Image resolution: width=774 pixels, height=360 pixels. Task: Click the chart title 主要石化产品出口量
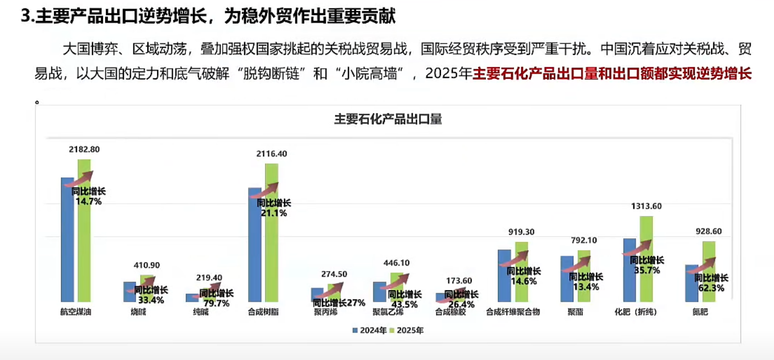pos(388,119)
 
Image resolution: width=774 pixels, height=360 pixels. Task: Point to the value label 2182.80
pos(84,150)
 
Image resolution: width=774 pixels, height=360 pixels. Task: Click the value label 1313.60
pos(646,206)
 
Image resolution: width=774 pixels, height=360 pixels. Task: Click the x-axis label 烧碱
pos(138,312)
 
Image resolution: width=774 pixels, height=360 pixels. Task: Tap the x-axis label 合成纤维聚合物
pos(512,312)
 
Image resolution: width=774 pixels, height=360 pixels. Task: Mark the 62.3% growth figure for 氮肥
pos(711,287)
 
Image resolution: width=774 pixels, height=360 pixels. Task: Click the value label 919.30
pos(521,232)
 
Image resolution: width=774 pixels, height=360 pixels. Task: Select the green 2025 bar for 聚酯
pos(584,276)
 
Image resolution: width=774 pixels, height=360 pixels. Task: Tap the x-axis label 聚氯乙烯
pos(388,312)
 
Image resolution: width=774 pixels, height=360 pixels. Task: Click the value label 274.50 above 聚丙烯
pos(334,274)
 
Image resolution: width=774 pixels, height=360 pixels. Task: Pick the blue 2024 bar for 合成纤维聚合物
pos(504,275)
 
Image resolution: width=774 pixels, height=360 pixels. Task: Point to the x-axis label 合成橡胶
pos(451,312)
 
